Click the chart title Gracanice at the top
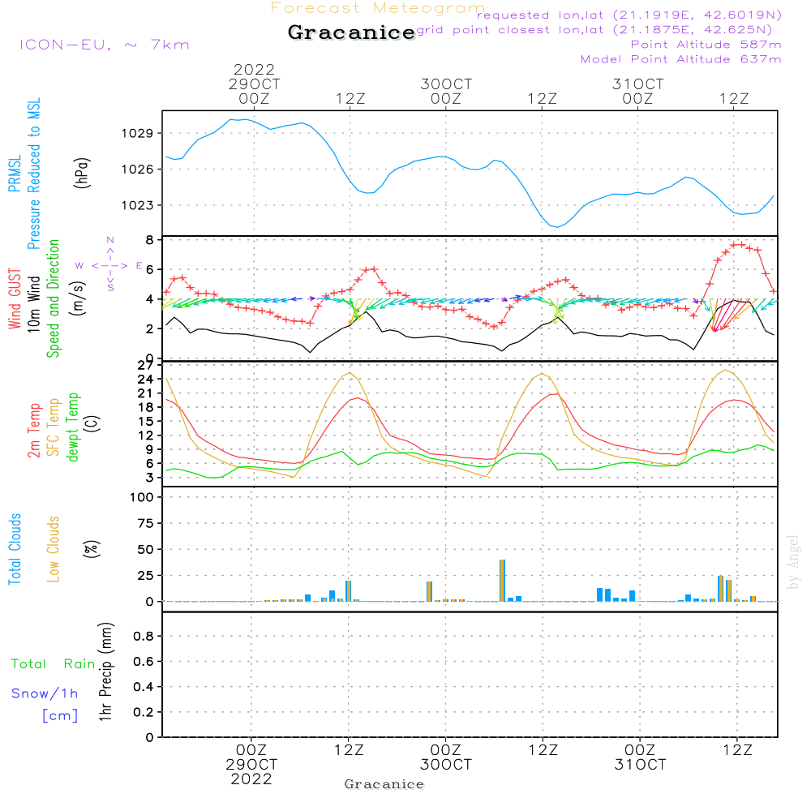(x=350, y=33)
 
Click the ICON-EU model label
(x=104, y=45)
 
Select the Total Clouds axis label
(x=15, y=549)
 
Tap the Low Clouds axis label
(x=54, y=549)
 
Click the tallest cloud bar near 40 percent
(x=503, y=580)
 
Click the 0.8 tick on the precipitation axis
(x=143, y=637)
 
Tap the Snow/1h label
(x=45, y=693)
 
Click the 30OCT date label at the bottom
(x=445, y=765)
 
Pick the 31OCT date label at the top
(x=638, y=84)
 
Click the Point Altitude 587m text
(x=706, y=45)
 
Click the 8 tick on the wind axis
(x=150, y=240)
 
